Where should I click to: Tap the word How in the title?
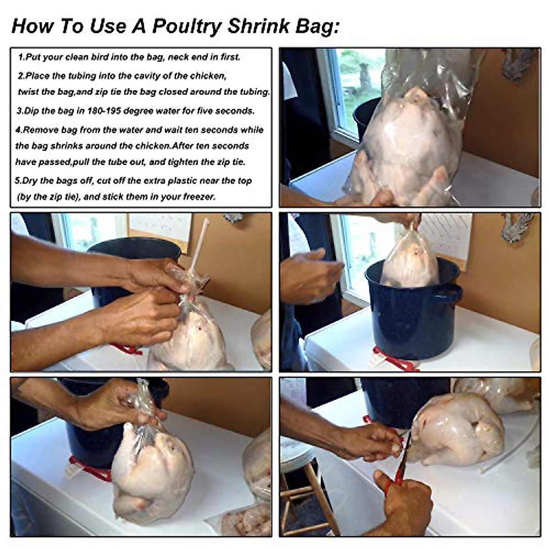pyautogui.click(x=32, y=26)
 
